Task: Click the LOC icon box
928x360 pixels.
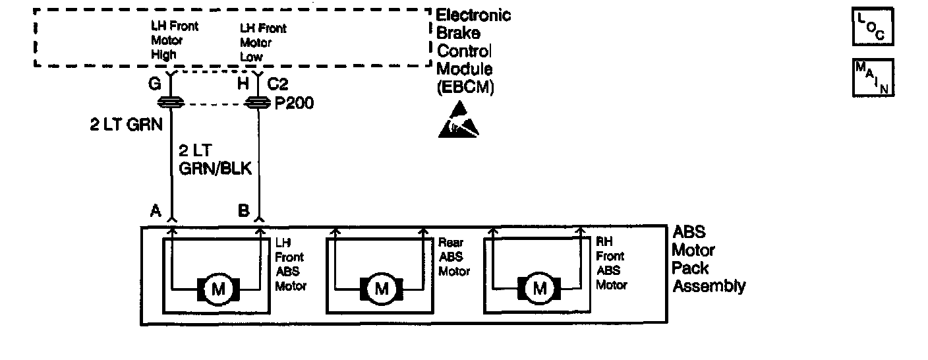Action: coord(873,28)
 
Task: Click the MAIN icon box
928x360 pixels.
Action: coord(873,78)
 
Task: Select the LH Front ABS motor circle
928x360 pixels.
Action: coord(217,288)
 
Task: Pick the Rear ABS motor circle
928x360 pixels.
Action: coord(382,288)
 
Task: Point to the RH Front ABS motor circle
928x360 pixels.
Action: coord(540,288)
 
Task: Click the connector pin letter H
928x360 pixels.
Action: coord(243,84)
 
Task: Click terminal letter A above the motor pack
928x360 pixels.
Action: coord(156,210)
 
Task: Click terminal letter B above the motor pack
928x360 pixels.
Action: coord(243,210)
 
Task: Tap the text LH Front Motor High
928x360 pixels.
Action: coord(174,41)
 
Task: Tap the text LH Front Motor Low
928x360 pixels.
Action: coord(263,43)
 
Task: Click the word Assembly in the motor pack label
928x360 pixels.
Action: coord(709,286)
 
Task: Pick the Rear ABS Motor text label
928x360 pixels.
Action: coord(454,257)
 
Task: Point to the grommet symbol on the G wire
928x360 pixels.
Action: coord(172,102)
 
